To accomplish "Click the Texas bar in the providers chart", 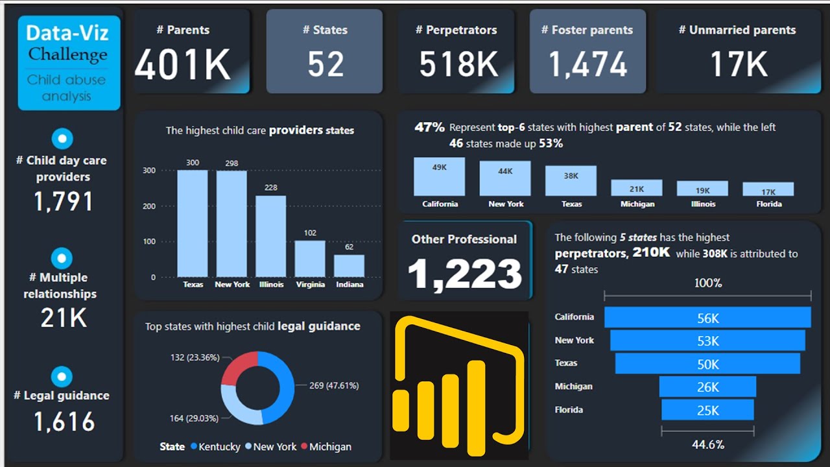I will pos(193,224).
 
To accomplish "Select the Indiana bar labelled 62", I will pos(349,266).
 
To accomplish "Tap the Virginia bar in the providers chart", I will pos(310,259).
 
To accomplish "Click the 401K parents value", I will pos(183,64).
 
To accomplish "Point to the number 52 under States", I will pos(326,64).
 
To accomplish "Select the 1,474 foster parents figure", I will pos(587,64).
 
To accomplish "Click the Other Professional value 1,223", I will pos(465,274).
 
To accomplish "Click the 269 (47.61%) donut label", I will pos(333,385).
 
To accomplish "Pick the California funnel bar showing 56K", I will pos(707,318).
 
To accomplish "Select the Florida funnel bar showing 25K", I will pos(707,410).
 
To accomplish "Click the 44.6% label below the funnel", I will pos(707,444).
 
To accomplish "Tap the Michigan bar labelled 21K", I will pos(636,188).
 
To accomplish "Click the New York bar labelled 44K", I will pos(505,178).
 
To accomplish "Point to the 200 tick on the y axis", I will pos(149,206).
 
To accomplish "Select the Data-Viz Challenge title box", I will pos(67,63).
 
